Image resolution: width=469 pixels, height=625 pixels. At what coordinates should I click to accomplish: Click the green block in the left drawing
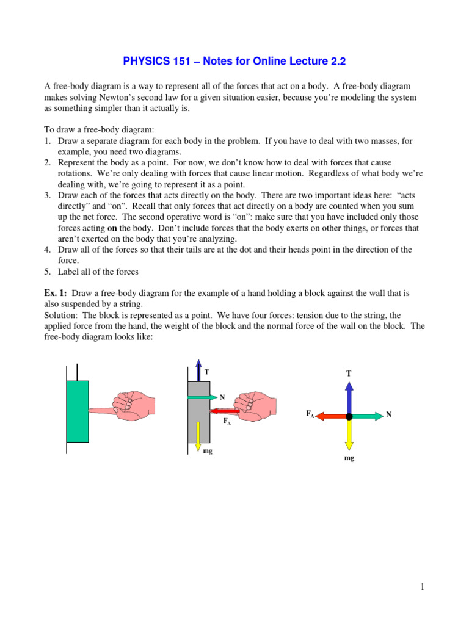click(x=78, y=411)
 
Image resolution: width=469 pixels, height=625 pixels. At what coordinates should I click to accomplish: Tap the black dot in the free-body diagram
click(x=349, y=416)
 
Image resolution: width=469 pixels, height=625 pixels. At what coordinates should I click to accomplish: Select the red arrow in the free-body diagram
click(x=332, y=416)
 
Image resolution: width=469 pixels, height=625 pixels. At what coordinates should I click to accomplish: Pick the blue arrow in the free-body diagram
click(x=349, y=398)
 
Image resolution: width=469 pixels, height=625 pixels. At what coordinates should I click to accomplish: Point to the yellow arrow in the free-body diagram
click(x=349, y=435)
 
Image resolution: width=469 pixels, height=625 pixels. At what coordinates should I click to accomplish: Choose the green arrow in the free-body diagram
click(x=366, y=416)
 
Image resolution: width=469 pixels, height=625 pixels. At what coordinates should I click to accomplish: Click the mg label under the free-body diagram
click(x=349, y=458)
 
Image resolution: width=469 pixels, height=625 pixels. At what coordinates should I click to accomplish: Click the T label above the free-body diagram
click(x=349, y=373)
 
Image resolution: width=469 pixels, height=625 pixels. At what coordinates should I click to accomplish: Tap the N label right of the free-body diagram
click(x=388, y=415)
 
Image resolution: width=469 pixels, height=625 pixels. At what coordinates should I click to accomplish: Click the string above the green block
click(x=78, y=372)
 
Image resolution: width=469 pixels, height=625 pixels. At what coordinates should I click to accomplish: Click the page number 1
click(x=421, y=587)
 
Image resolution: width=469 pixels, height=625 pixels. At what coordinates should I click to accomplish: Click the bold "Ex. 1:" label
click(x=56, y=293)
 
